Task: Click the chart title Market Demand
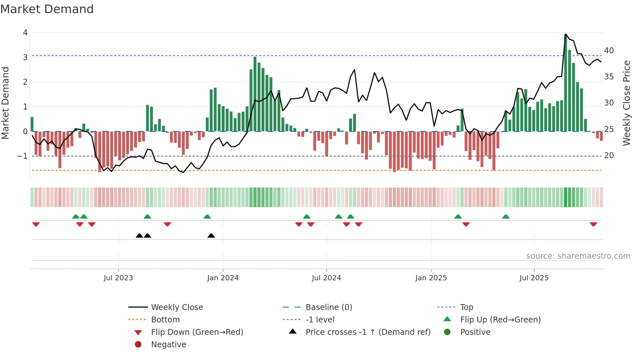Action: point(47,9)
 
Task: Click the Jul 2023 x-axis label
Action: point(118,278)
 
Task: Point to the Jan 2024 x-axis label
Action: point(223,278)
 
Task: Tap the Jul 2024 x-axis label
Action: point(326,278)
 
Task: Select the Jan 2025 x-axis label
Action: point(431,278)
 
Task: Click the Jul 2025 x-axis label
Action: point(534,278)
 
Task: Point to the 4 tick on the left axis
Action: point(25,33)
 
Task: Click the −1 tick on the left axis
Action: point(22,156)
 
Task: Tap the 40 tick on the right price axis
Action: point(609,51)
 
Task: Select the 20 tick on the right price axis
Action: point(609,155)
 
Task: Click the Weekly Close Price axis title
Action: point(626,103)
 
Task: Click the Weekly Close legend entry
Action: point(177,307)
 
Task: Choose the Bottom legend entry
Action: point(165,320)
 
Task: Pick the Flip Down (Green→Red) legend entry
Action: point(197,332)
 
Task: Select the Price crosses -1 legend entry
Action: point(368,332)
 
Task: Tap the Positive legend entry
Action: point(475,332)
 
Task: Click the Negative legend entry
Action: point(168,345)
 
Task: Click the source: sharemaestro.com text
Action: point(578,256)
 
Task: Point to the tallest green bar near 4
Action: point(566,82)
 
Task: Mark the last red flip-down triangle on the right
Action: point(593,224)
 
